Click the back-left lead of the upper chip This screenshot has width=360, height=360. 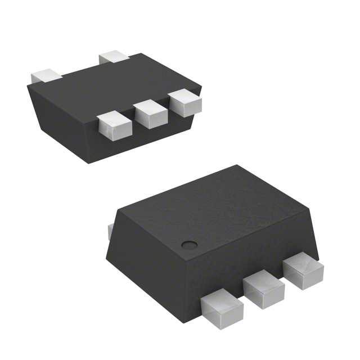point(46,75)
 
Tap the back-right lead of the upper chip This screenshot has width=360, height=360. point(114,56)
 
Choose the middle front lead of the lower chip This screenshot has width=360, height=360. point(264,290)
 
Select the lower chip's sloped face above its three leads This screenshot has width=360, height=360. point(253,253)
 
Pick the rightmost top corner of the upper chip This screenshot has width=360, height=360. point(201,86)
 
